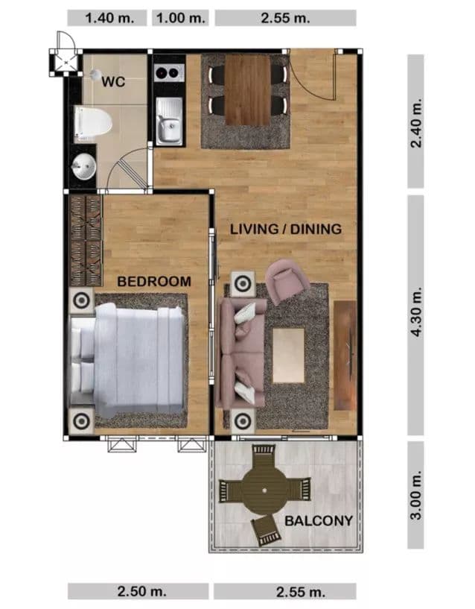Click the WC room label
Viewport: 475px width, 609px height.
[113, 82]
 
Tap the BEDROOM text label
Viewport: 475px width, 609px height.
[154, 282]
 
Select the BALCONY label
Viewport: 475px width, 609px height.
[319, 520]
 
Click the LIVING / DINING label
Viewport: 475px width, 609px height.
[286, 229]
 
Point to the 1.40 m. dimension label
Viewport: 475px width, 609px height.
[109, 18]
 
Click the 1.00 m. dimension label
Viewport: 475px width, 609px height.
[181, 18]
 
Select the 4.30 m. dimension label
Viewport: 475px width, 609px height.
[416, 312]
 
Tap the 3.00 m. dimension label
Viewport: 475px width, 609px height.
[416, 494]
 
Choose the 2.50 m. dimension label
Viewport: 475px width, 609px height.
[142, 591]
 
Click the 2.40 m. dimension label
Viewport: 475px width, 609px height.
[416, 123]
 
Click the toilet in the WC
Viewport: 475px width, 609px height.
[93, 123]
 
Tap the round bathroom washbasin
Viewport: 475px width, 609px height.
[84, 167]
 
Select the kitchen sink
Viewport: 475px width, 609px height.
[169, 121]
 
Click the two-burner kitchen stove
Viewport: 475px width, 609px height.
[169, 72]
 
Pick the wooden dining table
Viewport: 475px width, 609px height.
[248, 90]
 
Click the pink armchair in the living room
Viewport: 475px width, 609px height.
[287, 280]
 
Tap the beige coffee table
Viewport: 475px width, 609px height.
[288, 356]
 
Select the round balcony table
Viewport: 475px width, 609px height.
[264, 491]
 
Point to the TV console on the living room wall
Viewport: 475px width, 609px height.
[345, 356]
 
